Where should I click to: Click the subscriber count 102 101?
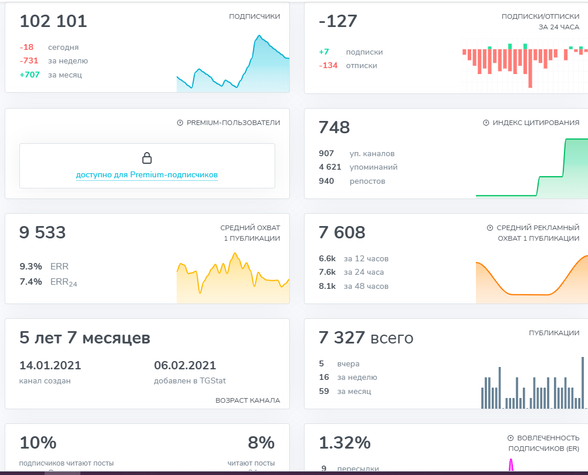click(x=53, y=21)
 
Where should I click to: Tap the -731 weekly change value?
click(x=29, y=61)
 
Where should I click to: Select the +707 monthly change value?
click(x=29, y=75)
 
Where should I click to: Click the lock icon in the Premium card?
click(x=147, y=158)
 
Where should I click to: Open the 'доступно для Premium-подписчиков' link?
click(x=147, y=175)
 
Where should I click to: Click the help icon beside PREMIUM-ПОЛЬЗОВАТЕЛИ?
click(x=180, y=123)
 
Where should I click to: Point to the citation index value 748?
click(x=334, y=127)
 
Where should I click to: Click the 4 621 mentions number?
click(x=330, y=167)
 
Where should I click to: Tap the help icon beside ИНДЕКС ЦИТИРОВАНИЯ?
click(x=486, y=123)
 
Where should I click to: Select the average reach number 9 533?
click(x=42, y=233)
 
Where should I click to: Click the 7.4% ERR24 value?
click(x=31, y=282)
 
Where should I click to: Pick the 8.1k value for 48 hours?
click(x=327, y=287)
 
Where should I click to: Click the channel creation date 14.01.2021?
click(x=50, y=365)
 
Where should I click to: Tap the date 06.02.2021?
click(x=185, y=365)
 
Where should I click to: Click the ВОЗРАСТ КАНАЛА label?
click(x=248, y=400)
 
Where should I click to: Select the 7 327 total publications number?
click(x=342, y=338)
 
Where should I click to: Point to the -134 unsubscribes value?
click(x=328, y=66)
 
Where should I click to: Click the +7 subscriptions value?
click(x=324, y=52)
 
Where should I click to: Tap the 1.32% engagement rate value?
click(x=344, y=443)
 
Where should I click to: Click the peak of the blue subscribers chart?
click(x=259, y=36)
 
